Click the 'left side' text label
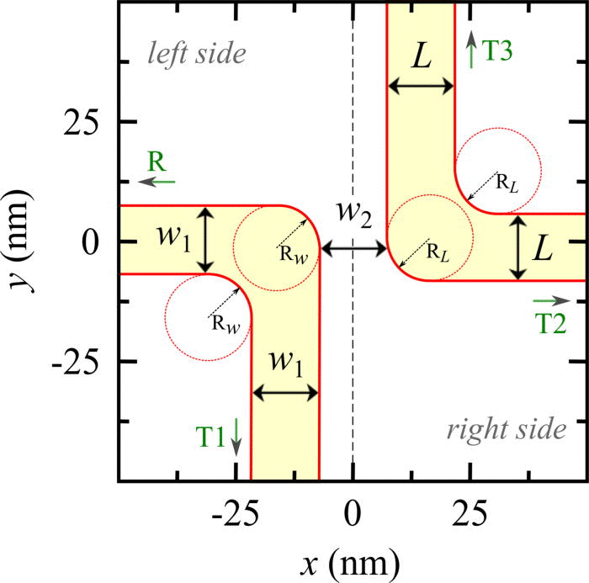196,55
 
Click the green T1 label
211,435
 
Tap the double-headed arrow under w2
354,248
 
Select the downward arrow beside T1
237,437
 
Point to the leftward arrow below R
157,181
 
